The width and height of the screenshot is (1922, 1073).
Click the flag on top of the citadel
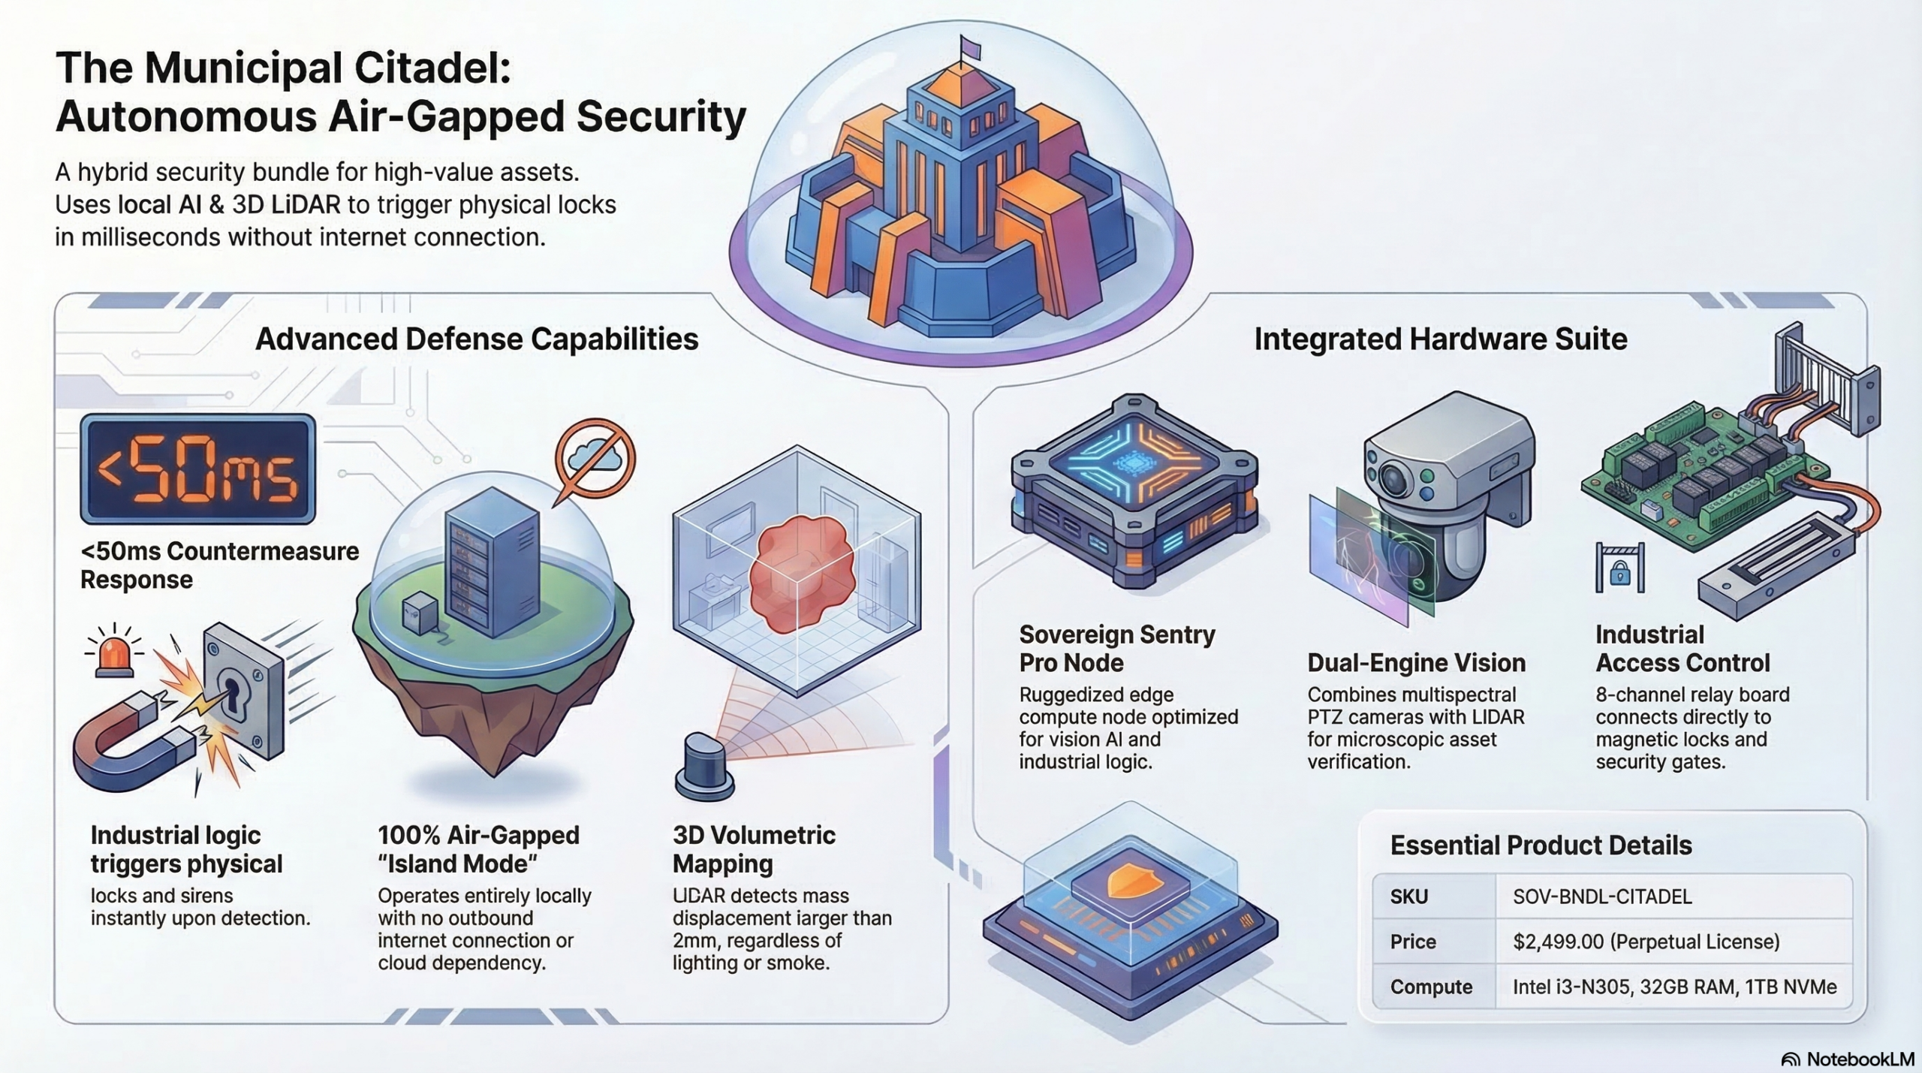point(971,48)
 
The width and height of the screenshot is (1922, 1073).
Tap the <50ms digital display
point(197,469)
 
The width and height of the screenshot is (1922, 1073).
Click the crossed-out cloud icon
point(595,458)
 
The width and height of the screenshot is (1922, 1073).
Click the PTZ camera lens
point(1395,478)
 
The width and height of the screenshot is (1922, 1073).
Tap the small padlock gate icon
point(1619,568)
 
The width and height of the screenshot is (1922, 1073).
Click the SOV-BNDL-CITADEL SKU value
point(1602,897)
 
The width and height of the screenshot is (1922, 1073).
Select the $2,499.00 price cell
point(1646,942)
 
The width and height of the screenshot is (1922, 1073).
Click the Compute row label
point(1431,987)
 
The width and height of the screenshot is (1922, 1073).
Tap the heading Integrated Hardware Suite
point(1441,339)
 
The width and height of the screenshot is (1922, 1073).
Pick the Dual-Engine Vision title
point(1417,663)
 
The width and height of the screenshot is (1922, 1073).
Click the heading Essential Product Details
point(1541,845)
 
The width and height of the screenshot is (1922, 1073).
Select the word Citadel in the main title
point(432,68)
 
